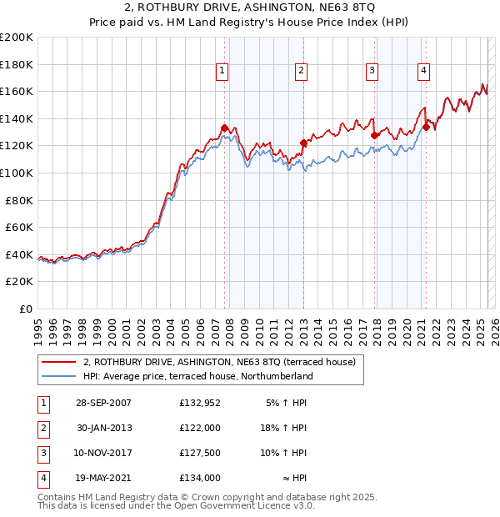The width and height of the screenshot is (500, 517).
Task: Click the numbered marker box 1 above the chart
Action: [x=222, y=72]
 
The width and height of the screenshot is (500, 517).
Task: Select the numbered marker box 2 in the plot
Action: [x=300, y=72]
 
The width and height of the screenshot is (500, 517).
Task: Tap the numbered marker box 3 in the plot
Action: [x=372, y=72]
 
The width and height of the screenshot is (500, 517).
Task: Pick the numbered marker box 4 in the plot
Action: [x=424, y=72]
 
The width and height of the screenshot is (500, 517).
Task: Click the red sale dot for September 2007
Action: [x=225, y=128]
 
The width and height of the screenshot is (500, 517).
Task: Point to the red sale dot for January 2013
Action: [x=303, y=143]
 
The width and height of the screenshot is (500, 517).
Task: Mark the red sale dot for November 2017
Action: [x=374, y=135]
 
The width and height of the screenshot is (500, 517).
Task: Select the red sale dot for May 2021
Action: [x=427, y=127]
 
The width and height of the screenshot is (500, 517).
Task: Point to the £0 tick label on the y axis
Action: [x=25, y=309]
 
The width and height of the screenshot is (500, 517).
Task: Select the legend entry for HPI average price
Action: [x=197, y=376]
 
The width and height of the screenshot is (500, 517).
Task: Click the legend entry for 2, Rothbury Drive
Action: [x=219, y=362]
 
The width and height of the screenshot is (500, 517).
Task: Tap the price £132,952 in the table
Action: [x=199, y=403]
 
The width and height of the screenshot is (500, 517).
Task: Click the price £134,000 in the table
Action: [x=199, y=478]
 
